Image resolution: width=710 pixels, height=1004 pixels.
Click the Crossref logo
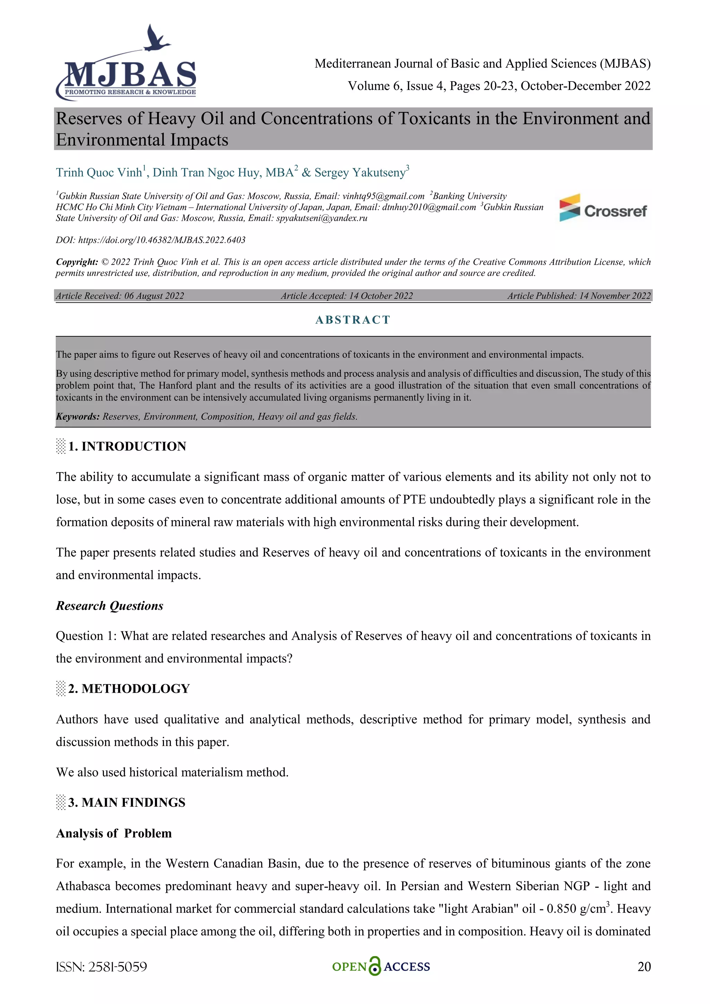603,209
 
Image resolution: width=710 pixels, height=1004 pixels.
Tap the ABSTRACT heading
353,320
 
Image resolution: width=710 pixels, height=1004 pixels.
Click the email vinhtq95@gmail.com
383,196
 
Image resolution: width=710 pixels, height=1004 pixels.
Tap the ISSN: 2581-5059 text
102,967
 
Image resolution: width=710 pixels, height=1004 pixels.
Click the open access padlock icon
375,967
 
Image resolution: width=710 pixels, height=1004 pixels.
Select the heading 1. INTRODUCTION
127,447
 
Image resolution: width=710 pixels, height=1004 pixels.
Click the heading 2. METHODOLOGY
129,689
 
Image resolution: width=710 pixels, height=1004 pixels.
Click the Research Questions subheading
109,606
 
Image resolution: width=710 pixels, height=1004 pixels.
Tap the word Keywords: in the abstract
78,417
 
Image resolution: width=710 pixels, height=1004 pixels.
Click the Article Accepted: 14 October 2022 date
347,296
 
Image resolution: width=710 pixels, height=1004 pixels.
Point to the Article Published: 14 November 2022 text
579,296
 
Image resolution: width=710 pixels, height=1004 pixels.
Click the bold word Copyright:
77,262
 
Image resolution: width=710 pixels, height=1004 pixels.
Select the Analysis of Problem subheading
114,833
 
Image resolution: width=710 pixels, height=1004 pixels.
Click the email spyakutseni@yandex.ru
321,218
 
